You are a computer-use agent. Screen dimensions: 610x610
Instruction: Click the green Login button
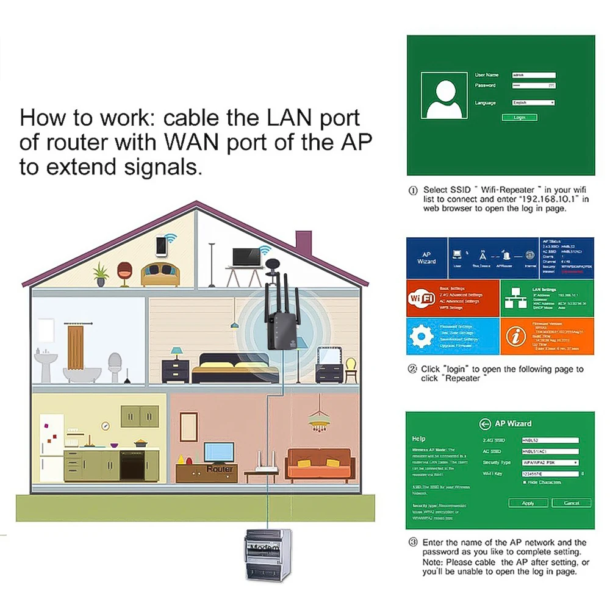519,117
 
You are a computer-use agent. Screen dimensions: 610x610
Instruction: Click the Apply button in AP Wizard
528,503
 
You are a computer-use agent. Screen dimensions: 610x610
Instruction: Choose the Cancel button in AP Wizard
572,503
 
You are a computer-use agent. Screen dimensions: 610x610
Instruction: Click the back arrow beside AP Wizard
486,424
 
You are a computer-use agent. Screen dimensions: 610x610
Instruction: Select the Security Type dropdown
550,462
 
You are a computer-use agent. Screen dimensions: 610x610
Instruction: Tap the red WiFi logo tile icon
420,299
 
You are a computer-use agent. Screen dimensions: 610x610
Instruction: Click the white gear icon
420,336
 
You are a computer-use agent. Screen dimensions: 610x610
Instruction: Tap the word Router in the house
220,469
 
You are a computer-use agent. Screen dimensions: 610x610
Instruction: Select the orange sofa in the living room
320,464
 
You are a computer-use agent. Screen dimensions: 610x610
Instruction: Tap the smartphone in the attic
162,246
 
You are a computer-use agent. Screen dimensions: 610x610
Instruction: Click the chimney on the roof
305,244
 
